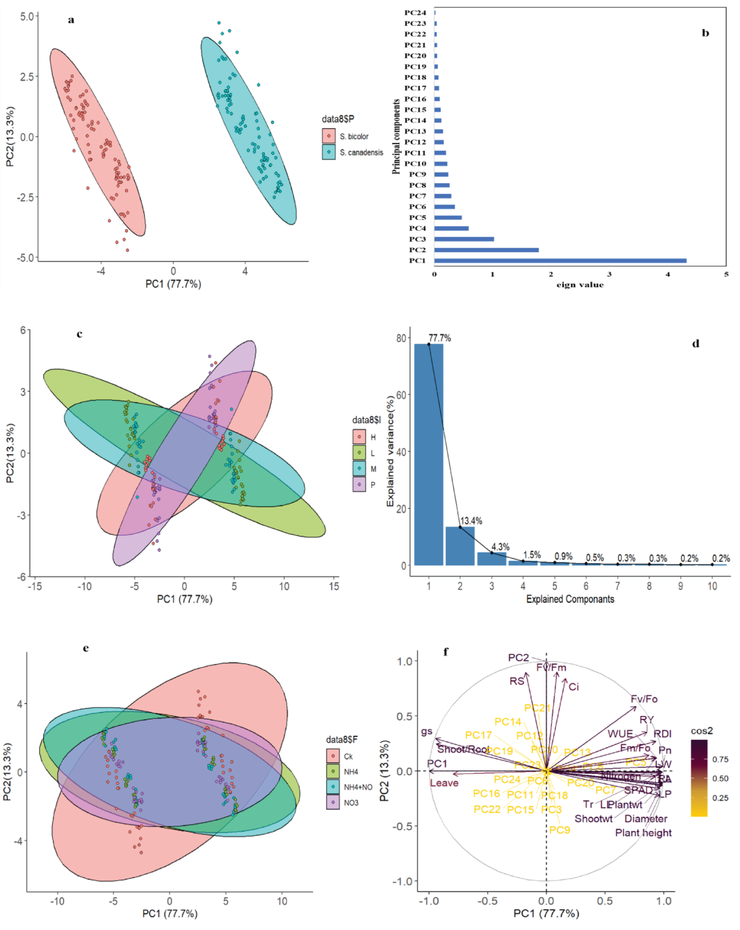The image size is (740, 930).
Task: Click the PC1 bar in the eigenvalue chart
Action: coord(560,260)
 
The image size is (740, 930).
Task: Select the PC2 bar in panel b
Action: coord(486,250)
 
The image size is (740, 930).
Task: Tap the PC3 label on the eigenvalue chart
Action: coord(417,239)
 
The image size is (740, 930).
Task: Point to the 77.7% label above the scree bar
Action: coord(439,338)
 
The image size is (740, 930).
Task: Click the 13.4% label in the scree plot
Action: coord(471,521)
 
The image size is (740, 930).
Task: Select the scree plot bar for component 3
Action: coord(491,559)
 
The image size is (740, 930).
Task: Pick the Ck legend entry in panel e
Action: coord(348,757)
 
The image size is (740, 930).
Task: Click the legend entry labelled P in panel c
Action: coord(373,485)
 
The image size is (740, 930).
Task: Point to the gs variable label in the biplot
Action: coord(426,731)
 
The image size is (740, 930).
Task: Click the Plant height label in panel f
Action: coord(643,833)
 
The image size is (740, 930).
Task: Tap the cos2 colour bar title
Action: coord(702,731)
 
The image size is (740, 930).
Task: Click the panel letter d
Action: coord(696,344)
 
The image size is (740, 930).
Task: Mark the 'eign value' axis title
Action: coord(580,285)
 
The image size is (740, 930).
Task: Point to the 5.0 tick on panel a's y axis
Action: coord(26,16)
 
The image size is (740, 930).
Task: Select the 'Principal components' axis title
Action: coord(396,136)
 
